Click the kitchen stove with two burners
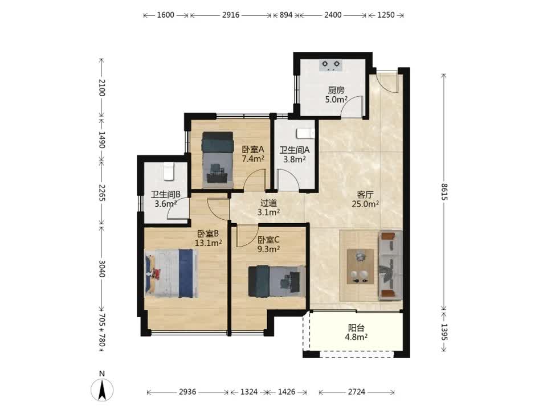coord(330,65)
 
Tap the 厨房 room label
coord(336,91)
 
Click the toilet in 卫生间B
coord(169,171)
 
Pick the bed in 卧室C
coord(277,281)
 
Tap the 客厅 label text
coord(365,195)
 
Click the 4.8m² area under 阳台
coord(356,337)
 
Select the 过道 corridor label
coord(268,203)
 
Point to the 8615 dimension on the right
coord(444,192)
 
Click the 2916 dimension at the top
coord(231,15)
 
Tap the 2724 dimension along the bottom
coord(357,392)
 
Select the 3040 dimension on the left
coord(101,268)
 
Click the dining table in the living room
coord(360,266)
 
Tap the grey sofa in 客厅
coord(390,265)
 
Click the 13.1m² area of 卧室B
coord(209,243)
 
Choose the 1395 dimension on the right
coord(444,332)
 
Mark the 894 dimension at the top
coord(285,15)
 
